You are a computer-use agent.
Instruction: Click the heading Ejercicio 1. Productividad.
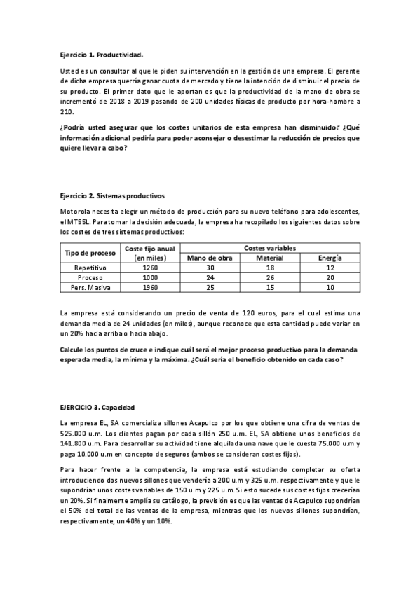pos(102,54)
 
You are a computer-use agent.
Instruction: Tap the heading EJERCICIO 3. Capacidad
pos(97,407)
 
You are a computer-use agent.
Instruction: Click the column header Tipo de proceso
pos(90,253)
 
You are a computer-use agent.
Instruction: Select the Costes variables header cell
pos(269,248)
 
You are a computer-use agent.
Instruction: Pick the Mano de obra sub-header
pos(209,258)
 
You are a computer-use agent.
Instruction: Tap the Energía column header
pos(330,258)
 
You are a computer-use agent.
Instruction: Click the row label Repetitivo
pos(90,268)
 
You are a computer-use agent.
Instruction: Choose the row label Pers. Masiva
pos(90,287)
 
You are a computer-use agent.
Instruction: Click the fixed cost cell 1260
pos(150,268)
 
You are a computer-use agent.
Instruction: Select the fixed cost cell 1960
pos(150,287)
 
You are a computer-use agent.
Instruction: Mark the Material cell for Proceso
pos(269,277)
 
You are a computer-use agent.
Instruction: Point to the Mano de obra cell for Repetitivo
pos(209,268)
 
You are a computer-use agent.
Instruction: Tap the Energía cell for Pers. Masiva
pos(330,287)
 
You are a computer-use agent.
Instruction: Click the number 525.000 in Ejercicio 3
pos(74,433)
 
